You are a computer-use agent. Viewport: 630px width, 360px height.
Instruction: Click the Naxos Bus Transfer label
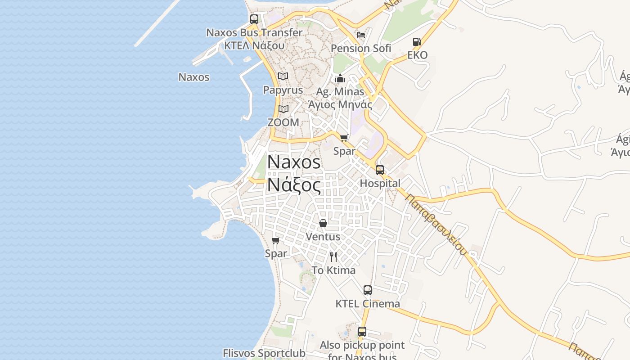tap(254, 32)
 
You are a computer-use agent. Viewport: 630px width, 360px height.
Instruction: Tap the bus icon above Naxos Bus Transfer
tap(254, 19)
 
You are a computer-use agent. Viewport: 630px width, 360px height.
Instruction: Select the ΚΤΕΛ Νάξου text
tap(254, 45)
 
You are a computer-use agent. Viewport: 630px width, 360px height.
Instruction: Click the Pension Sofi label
tap(361, 48)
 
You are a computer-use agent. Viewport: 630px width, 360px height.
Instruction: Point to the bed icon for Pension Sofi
tap(361, 35)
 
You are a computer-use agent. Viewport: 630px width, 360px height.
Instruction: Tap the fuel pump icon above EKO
tap(417, 42)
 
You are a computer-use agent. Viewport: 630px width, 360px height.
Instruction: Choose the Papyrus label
tap(283, 90)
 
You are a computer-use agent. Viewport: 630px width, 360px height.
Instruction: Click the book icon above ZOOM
tap(283, 109)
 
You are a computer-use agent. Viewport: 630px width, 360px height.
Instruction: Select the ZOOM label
tap(283, 122)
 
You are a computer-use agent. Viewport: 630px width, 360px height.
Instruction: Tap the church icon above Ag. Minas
tap(340, 79)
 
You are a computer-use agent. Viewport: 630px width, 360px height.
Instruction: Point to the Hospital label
tap(380, 183)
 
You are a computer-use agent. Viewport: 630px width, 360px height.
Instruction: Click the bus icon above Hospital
tap(380, 170)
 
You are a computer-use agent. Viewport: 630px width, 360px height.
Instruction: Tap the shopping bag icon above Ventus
tap(323, 223)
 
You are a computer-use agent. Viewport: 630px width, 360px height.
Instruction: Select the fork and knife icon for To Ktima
tap(333, 257)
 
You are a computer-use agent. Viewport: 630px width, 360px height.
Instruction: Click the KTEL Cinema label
tap(368, 304)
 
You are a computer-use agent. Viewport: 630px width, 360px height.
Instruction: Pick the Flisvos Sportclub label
tap(264, 353)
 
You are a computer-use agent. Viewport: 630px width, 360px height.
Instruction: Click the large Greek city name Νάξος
tap(294, 184)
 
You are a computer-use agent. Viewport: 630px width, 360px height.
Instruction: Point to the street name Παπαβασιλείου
tap(436, 224)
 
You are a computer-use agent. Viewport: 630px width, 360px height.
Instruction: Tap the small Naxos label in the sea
tap(194, 77)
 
